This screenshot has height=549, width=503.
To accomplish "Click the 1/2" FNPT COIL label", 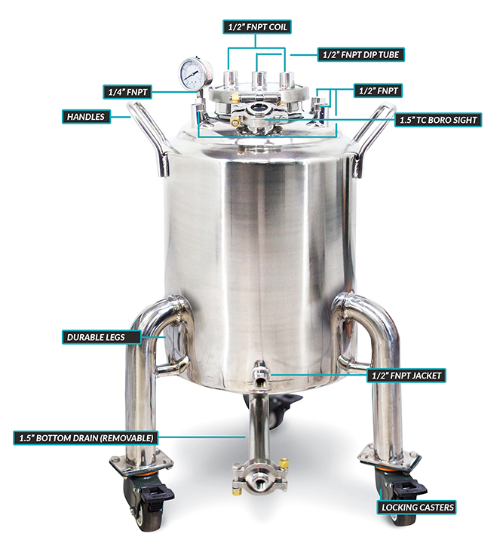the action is (x=257, y=27).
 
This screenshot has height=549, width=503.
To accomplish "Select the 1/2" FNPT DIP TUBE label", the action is (x=361, y=54).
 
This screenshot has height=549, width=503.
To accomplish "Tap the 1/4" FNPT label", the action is (x=127, y=92).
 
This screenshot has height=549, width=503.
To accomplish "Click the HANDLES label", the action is (x=86, y=117).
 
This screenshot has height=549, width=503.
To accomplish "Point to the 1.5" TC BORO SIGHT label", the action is (x=438, y=120).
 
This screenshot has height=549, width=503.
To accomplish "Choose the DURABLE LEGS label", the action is (x=102, y=337).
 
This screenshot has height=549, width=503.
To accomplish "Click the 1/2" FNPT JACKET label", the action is (x=406, y=376).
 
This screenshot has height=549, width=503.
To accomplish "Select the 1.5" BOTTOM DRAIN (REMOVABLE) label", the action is (x=86, y=438).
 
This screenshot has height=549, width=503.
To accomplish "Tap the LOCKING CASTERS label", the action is (x=416, y=508).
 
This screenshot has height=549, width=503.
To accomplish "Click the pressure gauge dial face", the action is (x=192, y=74).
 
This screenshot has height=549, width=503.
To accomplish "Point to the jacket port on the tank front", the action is (x=260, y=373).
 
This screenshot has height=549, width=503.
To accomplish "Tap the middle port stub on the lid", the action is (x=259, y=81).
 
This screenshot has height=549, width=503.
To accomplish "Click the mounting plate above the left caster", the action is (x=141, y=462).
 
